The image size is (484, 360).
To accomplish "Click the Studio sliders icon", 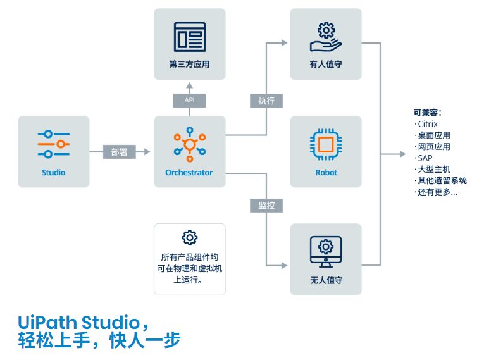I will (54, 144).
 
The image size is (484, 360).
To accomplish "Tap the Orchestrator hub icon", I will (189, 144).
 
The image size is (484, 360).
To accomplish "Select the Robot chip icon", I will (326, 144).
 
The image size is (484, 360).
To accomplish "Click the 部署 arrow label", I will (119, 152).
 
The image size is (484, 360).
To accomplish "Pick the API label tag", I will (189, 100).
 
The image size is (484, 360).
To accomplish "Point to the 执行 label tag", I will (266, 101).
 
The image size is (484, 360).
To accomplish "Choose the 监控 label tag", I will (266, 206).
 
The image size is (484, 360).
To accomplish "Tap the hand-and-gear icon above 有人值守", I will (326, 37).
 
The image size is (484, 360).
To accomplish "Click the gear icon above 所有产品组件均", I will (189, 238).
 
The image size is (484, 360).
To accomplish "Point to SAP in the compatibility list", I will (425, 158).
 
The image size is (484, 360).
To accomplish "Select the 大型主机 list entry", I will (433, 169).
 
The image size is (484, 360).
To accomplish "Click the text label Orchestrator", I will (189, 172).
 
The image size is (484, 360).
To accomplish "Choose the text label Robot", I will (326, 172).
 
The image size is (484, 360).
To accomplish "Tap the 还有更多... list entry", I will (437, 192).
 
